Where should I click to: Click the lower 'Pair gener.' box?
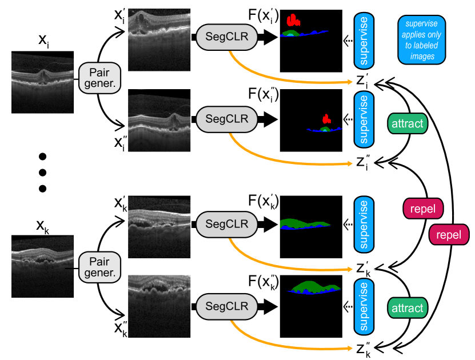(99, 266)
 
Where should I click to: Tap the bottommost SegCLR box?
(227, 307)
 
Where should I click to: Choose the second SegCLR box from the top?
(227, 119)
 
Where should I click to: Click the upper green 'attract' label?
(408, 123)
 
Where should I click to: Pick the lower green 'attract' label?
(408, 309)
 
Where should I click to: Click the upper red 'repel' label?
(423, 209)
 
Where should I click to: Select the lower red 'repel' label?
(449, 235)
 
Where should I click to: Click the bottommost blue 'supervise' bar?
(364, 306)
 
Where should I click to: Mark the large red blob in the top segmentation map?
(293, 21)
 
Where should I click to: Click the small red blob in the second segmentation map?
(326, 119)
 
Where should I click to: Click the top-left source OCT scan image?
(43, 83)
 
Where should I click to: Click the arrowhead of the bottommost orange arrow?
(349, 348)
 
